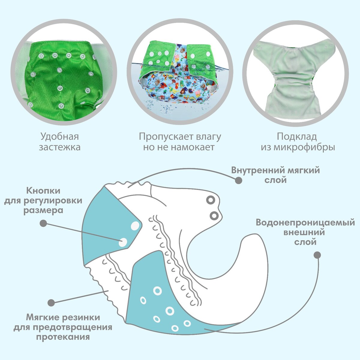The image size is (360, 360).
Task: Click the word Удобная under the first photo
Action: point(60,137)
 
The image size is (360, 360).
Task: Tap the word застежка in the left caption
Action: point(60,147)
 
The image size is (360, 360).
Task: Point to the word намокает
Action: point(193,147)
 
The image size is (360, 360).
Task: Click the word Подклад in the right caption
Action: point(297,137)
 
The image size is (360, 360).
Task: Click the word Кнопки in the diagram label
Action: point(43,191)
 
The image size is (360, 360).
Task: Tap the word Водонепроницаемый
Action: point(305,223)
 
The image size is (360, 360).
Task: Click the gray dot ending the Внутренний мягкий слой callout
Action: point(238,181)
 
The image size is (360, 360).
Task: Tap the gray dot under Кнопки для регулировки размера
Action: point(43,223)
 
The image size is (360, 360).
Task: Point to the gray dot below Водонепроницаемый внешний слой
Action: point(317,255)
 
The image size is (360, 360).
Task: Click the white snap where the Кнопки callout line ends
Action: point(123,243)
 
